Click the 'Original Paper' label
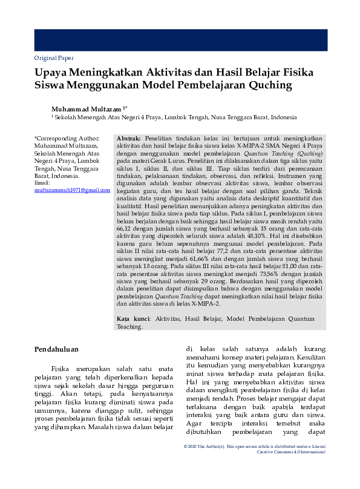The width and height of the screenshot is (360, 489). (54, 58)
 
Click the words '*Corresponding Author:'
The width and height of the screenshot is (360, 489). (66, 139)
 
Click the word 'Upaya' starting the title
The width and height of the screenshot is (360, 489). (53, 71)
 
